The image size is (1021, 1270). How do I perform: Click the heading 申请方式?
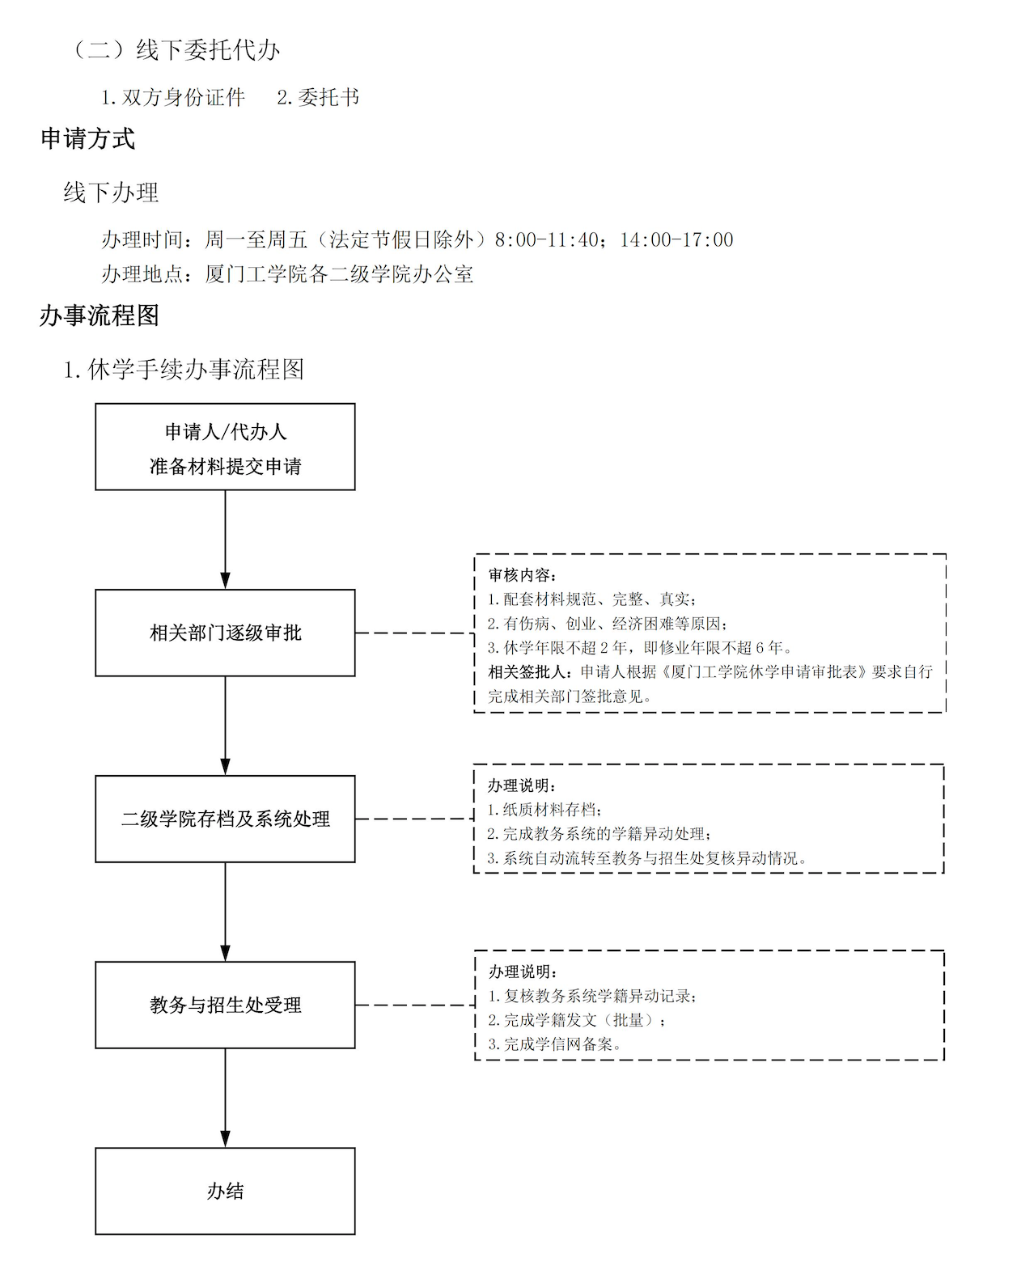(88, 139)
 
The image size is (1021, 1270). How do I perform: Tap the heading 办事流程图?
(100, 315)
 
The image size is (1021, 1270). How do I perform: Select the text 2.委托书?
(317, 97)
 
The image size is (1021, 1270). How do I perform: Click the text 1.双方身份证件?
(172, 97)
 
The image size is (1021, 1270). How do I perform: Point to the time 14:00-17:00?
(676, 239)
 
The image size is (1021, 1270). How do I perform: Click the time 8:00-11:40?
(546, 239)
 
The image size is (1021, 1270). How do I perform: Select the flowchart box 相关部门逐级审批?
(225, 633)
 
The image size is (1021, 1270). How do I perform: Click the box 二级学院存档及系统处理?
(225, 819)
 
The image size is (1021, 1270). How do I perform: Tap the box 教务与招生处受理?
(225, 1005)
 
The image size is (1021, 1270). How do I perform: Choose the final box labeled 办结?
(225, 1191)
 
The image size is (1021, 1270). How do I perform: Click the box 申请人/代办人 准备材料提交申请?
(225, 447)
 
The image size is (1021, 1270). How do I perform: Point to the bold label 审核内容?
(523, 575)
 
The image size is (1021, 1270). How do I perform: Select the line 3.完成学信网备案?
(555, 1044)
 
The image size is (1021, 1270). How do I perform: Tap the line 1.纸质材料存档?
(544, 809)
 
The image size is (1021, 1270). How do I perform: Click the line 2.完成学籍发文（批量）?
(577, 1020)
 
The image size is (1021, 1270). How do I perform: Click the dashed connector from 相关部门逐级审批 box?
(414, 633)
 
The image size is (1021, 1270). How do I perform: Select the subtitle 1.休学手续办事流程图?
(184, 370)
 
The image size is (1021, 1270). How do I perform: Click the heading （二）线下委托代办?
(175, 50)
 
